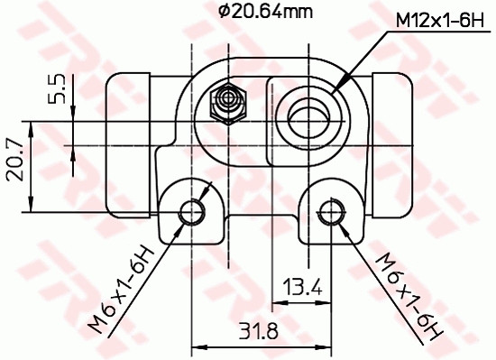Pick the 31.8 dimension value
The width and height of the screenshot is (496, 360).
click(261, 330)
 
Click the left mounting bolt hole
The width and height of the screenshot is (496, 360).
click(193, 211)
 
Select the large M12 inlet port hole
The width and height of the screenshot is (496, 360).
click(309, 116)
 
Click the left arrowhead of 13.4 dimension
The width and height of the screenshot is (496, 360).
click(277, 303)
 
